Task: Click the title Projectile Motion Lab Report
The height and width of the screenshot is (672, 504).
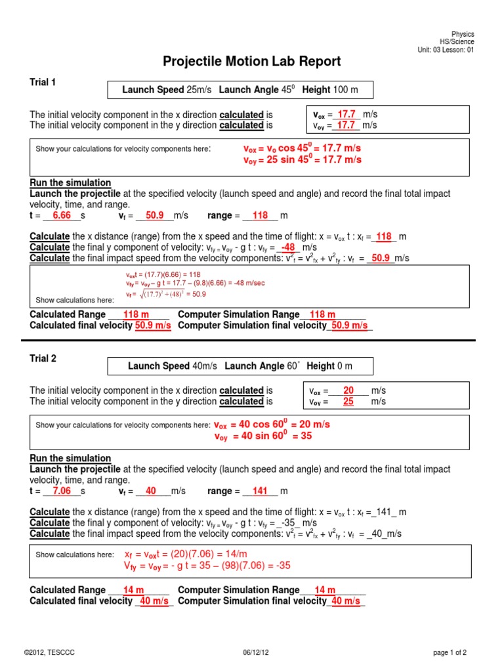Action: point(252,62)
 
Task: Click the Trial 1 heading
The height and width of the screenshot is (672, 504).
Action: point(43,82)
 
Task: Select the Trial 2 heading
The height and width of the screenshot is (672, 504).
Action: point(43,358)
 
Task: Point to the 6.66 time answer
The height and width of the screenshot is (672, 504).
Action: point(62,215)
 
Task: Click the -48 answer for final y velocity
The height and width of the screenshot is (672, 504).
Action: point(288,247)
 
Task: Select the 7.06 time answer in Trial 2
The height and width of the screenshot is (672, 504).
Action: point(62,492)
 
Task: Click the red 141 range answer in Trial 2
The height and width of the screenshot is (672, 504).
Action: point(261,492)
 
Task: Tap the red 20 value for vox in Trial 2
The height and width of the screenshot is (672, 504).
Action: point(348,390)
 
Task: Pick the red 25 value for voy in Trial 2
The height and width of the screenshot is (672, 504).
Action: point(348,402)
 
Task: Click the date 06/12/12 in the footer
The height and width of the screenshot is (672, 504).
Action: point(252,652)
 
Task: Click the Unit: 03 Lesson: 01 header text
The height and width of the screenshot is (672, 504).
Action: point(446,50)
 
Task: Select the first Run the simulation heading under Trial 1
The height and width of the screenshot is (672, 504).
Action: point(70,182)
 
